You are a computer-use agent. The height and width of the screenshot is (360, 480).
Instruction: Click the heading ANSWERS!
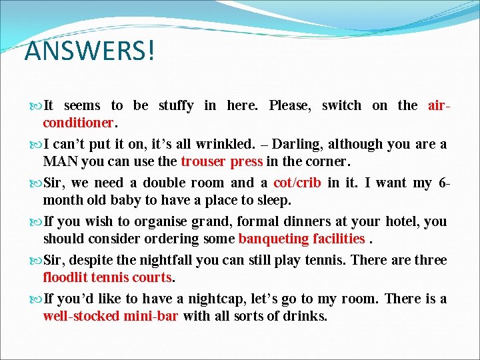pyautogui.click(x=89, y=51)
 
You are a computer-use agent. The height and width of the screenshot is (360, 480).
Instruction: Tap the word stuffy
pyautogui.click(x=176, y=105)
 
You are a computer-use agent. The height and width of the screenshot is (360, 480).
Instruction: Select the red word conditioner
pyautogui.click(x=79, y=123)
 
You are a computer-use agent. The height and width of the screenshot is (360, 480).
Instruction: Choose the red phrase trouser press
pyautogui.click(x=222, y=161)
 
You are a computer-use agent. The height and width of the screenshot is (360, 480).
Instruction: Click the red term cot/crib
pyautogui.click(x=297, y=183)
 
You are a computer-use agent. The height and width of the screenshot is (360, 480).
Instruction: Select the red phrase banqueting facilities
pyautogui.click(x=301, y=239)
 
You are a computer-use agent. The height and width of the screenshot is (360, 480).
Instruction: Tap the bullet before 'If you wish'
pyautogui.click(x=36, y=221)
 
